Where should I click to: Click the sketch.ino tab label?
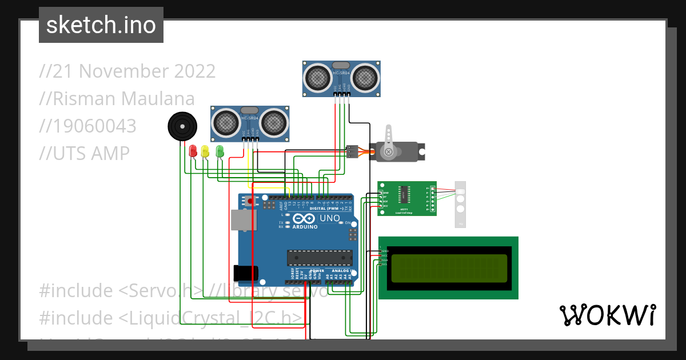tap(101, 25)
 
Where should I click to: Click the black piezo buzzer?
tap(182, 126)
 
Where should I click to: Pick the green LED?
tap(220, 151)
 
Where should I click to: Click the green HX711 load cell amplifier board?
tap(406, 198)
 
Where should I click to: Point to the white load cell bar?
tap(460, 204)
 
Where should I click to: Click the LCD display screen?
tap(448, 268)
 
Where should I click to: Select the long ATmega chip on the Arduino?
tap(319, 258)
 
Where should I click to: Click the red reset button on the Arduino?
tap(250, 202)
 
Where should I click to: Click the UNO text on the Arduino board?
tap(329, 218)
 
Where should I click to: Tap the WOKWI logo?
tap(607, 315)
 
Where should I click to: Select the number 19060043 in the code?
tap(89, 126)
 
